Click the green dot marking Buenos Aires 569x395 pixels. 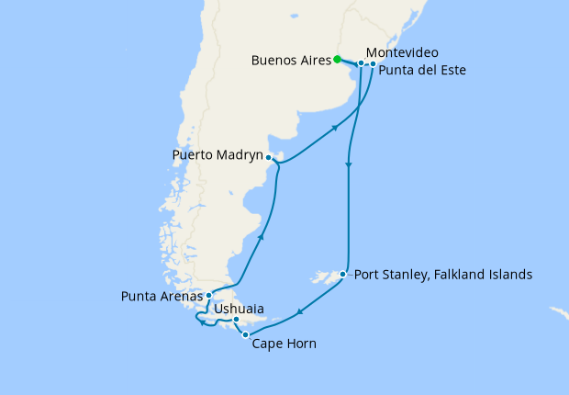338,60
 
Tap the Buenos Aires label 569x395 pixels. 291,61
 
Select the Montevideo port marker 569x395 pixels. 362,63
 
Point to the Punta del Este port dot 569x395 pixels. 373,64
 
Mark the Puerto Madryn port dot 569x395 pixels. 268,157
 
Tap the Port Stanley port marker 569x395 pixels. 342,274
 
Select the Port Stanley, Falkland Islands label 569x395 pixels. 442,274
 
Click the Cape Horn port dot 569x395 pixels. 245,335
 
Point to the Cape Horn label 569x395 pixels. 284,344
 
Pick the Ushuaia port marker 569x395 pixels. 237,320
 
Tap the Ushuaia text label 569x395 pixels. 240,310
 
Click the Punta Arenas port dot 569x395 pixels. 210,295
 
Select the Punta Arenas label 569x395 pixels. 162,296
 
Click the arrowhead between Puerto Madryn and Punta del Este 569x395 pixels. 334,128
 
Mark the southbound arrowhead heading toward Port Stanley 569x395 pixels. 348,165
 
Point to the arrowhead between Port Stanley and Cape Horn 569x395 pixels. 298,316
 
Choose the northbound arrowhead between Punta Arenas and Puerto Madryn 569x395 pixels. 262,237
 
